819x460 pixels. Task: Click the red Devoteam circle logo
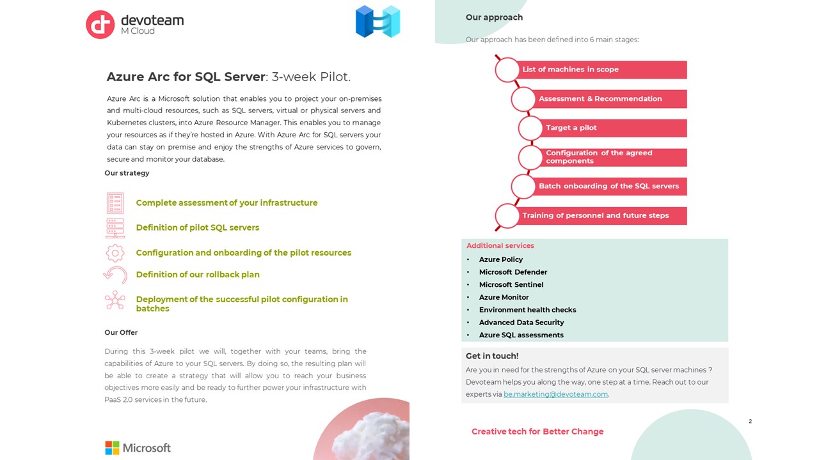(100, 24)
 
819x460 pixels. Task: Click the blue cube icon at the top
(378, 21)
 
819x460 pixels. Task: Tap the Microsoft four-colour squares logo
(112, 447)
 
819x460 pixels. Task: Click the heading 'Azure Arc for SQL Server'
(186, 77)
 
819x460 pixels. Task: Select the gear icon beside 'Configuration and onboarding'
(115, 253)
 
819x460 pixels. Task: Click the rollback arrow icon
(115, 275)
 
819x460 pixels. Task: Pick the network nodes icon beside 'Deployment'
(115, 300)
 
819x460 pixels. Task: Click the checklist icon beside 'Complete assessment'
(115, 203)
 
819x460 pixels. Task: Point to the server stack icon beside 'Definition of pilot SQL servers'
(115, 228)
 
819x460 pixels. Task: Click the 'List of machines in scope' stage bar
(601, 70)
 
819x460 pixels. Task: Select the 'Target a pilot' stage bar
(614, 128)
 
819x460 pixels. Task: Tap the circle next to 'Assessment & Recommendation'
(523, 99)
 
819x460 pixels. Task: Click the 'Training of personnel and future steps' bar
(601, 216)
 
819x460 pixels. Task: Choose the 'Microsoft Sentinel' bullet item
(511, 285)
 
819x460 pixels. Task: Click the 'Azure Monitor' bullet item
(504, 297)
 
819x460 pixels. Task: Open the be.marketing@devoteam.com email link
(555, 394)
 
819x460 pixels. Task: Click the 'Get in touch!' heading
(492, 356)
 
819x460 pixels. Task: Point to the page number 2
(750, 422)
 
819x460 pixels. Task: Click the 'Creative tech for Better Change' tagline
(537, 432)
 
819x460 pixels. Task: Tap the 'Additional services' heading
(500, 246)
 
